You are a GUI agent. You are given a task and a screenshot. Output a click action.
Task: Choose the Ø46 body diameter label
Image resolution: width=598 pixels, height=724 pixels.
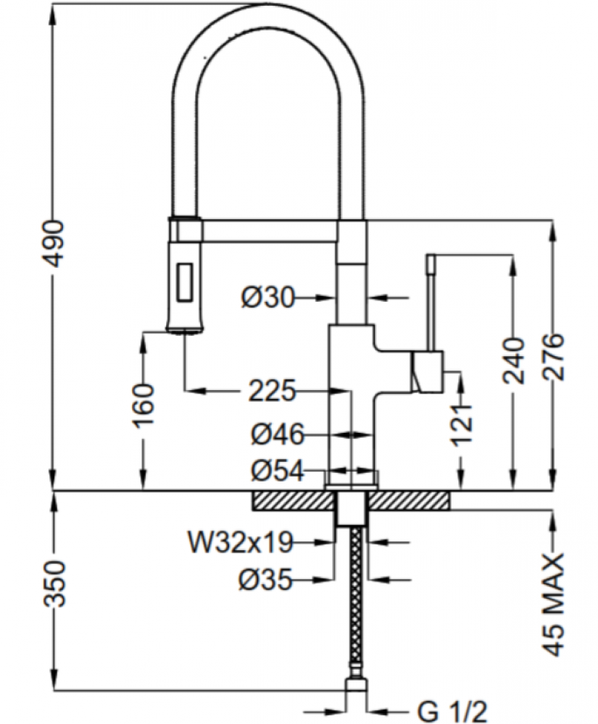tap(276, 435)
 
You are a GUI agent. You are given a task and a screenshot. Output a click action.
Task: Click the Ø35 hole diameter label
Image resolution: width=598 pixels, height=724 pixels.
tap(265, 578)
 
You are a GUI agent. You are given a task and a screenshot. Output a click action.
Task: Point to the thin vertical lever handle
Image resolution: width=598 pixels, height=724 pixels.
tap(430, 304)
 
